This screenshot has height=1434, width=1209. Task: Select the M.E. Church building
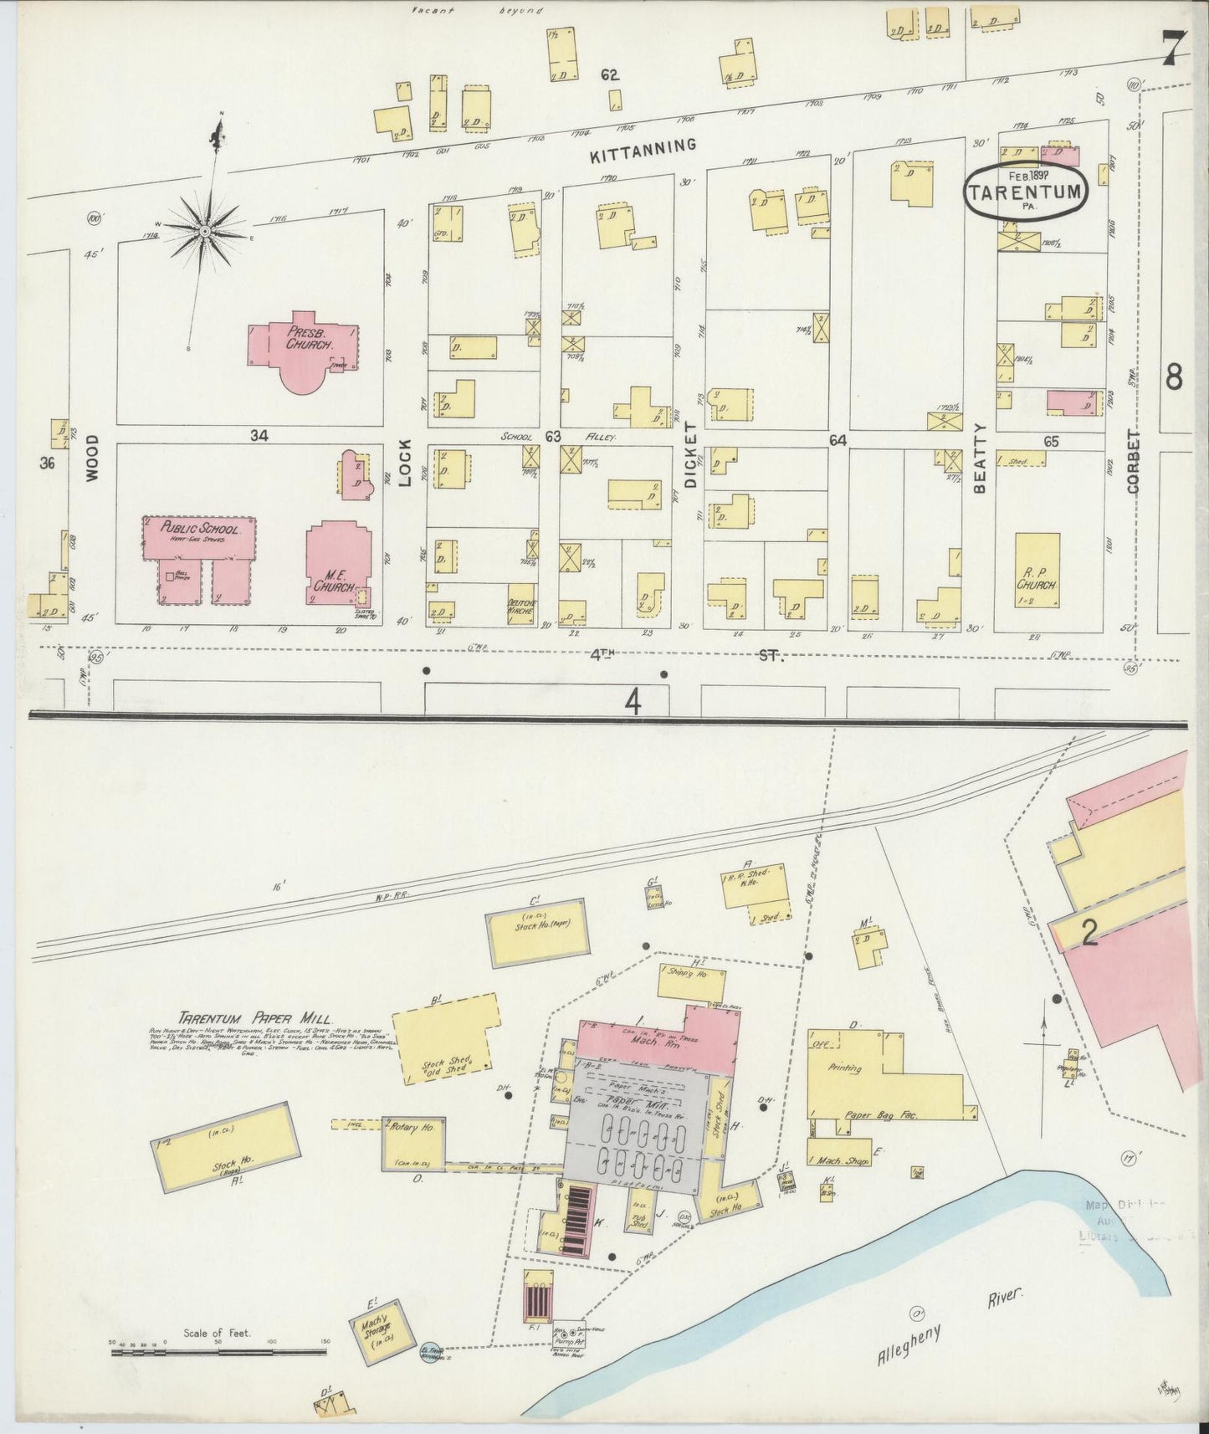click(x=336, y=563)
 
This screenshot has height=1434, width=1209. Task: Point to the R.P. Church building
click(x=1037, y=570)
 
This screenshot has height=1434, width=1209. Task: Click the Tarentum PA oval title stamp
click(x=1026, y=191)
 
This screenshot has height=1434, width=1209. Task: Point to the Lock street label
click(x=406, y=464)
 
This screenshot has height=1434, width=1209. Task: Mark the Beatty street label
click(x=981, y=459)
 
